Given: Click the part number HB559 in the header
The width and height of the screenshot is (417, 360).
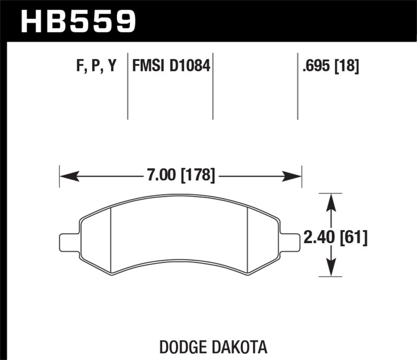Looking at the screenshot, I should (x=78, y=21).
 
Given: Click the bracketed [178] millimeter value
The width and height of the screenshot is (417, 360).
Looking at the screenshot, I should (x=198, y=176).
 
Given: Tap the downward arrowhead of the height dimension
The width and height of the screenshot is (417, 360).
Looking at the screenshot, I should (x=329, y=268).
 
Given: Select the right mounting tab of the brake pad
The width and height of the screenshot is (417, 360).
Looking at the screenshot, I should (x=290, y=242).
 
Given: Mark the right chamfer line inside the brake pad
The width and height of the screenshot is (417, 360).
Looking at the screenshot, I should (x=247, y=240).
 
